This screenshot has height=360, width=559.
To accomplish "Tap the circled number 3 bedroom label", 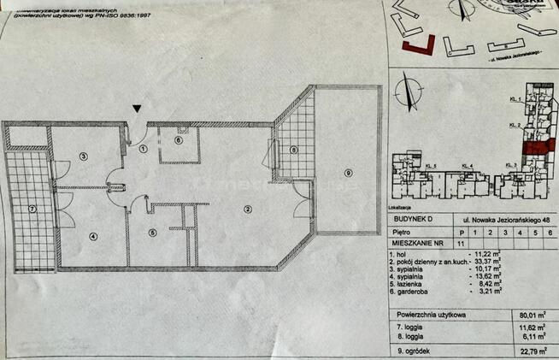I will [x=83, y=156].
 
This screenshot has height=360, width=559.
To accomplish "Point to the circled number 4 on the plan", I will [x=93, y=237].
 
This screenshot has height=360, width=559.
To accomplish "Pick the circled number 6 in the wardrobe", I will [x=179, y=139].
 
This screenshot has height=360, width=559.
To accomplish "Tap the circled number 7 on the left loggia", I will [x=31, y=209].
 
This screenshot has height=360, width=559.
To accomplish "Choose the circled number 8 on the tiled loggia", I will [x=294, y=150].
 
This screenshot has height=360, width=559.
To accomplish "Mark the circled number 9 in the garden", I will [x=347, y=174].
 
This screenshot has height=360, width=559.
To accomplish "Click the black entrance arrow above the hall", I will [x=138, y=108].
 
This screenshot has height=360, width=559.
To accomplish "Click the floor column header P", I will [x=462, y=231].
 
